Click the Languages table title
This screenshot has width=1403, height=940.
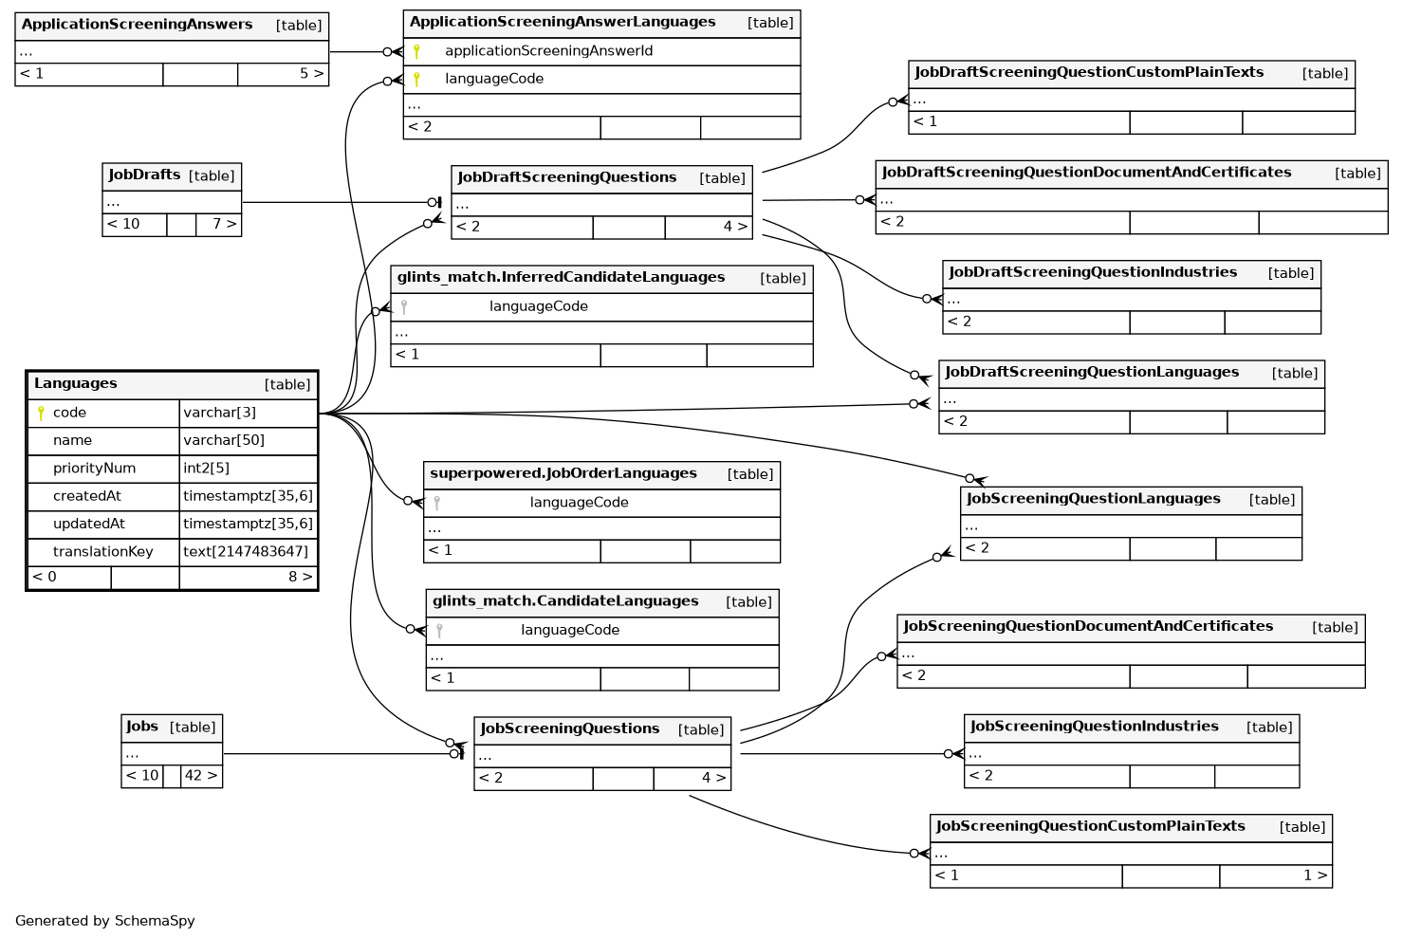76,384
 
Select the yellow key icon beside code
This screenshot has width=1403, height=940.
41,414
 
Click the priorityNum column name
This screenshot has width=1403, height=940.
94,469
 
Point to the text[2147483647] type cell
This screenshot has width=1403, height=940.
246,552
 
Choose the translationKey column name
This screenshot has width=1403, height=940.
102,552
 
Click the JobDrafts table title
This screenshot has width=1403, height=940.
144,175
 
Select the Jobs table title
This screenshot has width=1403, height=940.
142,728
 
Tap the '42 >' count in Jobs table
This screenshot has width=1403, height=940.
201,776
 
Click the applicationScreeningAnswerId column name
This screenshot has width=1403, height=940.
548,51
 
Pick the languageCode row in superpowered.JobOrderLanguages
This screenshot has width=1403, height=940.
579,503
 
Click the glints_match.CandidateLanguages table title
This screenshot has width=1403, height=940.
565,601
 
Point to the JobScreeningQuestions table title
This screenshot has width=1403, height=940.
569,728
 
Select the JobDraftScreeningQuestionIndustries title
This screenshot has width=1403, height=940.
1093,272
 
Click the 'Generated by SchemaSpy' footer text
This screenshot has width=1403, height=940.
105,921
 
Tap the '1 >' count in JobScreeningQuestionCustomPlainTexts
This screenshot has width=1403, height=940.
1315,875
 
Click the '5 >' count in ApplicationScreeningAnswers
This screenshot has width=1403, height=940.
311,74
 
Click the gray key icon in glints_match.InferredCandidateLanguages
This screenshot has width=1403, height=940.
404,307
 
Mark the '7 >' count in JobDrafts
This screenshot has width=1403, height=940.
224,225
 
